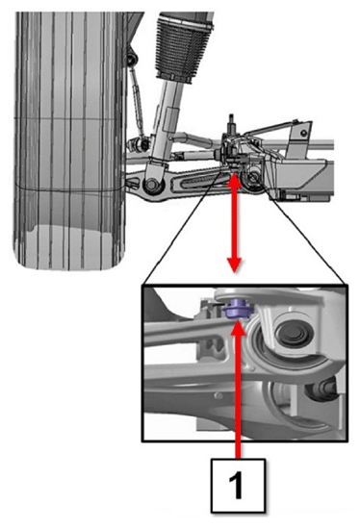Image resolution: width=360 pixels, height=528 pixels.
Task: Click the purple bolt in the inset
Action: tap(237, 309)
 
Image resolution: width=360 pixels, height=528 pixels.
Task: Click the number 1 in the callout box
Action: tap(238, 486)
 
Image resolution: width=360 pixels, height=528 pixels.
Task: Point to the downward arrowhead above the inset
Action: tap(234, 264)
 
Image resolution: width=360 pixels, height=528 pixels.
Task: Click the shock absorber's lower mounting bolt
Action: tap(151, 185)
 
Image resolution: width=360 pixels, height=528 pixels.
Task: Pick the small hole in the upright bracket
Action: tap(304, 133)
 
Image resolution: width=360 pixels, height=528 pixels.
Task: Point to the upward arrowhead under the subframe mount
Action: tap(234, 180)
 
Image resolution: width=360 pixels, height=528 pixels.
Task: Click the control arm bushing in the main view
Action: tap(253, 177)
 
